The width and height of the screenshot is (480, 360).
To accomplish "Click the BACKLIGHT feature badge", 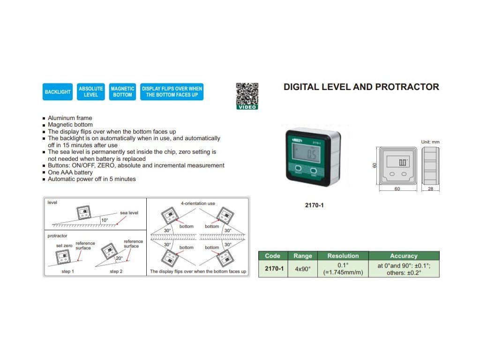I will point(58,92).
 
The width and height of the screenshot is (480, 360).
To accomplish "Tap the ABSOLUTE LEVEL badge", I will point(91,92).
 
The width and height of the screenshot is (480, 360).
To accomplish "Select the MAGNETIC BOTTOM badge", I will point(122,92).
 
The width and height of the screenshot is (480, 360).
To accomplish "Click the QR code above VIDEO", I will point(247,93).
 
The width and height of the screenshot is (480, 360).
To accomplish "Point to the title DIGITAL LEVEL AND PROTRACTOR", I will point(361,87).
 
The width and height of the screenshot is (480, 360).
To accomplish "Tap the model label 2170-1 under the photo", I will point(315,205).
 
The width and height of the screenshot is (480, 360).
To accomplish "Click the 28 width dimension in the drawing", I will point(431,189).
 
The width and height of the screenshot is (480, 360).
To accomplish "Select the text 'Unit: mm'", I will point(430,142).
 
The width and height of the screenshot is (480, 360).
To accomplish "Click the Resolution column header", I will point(343,256).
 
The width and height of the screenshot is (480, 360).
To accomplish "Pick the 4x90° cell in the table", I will point(302,269).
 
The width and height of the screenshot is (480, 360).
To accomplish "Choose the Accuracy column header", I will point(404,256).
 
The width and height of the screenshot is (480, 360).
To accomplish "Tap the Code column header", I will point(272,256).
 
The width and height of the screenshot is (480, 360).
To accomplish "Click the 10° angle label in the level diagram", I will point(104,220).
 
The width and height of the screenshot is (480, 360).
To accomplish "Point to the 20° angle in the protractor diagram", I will point(119,258).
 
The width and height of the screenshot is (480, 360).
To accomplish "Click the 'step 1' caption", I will point(67,271).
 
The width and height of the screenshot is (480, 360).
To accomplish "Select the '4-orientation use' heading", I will point(198,203).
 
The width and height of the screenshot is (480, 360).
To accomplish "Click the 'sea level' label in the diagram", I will point(129,213).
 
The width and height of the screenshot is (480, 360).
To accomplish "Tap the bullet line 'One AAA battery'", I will point(70,172).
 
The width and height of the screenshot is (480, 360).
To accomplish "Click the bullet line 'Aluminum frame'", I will point(70,118).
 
